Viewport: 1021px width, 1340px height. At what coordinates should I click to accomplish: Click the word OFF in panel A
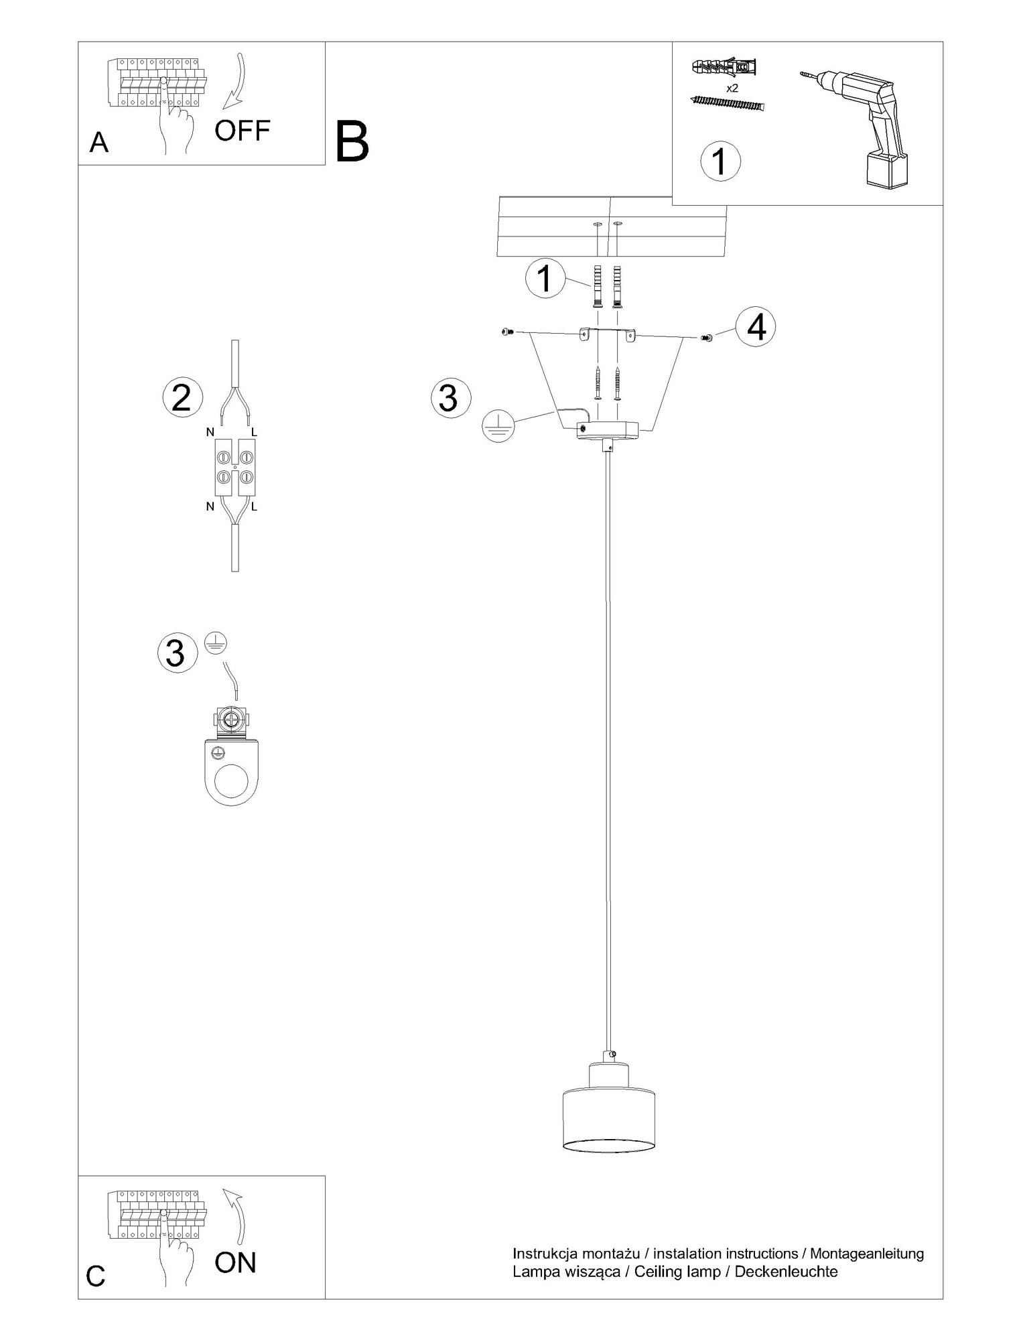242,131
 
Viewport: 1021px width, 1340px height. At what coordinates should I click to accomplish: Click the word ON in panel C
236,1262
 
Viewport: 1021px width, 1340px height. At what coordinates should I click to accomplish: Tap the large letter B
352,141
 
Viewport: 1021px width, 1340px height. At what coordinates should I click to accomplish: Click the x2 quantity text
732,88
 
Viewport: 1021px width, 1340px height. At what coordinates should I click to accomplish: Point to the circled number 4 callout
756,328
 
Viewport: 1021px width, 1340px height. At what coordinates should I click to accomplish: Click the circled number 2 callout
182,397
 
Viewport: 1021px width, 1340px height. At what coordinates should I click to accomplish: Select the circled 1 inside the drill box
720,161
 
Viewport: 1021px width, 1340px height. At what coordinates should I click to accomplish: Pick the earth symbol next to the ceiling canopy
498,425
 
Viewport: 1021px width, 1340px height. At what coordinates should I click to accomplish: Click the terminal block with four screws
235,468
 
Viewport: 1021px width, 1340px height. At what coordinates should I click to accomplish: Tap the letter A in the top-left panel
98,143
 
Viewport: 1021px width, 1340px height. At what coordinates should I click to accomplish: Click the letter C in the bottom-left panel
96,1276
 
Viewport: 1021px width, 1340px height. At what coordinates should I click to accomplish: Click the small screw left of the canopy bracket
506,331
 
